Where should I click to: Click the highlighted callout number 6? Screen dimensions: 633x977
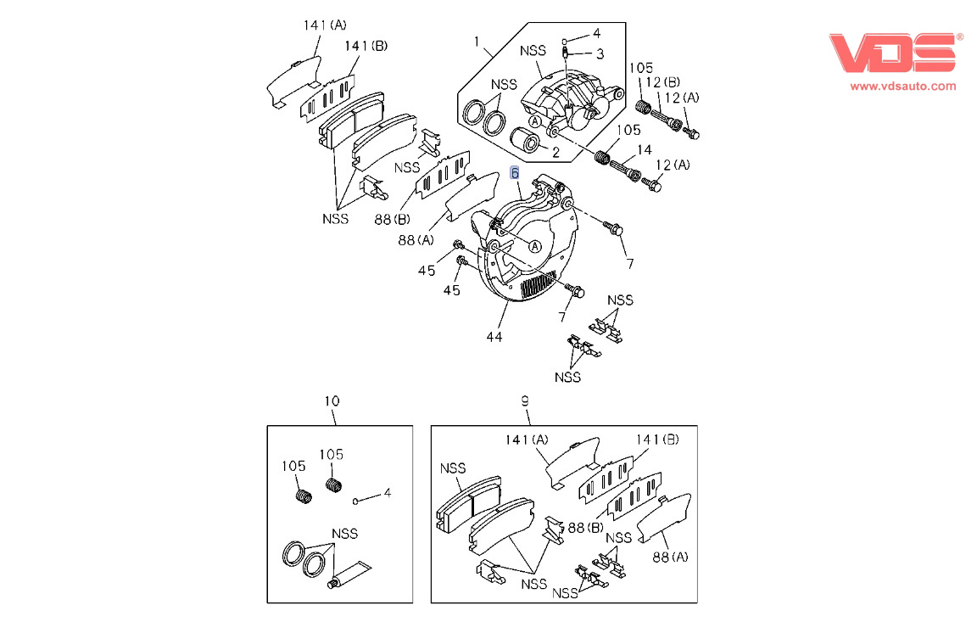[515, 172]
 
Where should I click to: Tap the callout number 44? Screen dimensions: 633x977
[494, 337]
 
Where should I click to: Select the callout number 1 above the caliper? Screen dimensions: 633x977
[477, 41]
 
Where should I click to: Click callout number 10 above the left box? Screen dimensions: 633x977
[332, 401]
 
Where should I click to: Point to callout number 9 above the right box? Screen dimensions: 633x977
[525, 401]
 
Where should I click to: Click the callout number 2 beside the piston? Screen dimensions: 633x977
[555, 154]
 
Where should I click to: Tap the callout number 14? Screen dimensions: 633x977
[645, 150]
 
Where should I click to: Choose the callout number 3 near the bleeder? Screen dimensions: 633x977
[600, 54]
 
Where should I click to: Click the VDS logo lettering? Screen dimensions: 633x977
[893, 53]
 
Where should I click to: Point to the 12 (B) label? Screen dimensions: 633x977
[662, 81]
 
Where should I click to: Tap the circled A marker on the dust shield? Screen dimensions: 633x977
[534, 245]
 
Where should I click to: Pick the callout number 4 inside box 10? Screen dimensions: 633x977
[387, 492]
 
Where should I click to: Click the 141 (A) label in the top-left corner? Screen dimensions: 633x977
[325, 25]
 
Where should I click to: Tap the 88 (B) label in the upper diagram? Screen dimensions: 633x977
[393, 220]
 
